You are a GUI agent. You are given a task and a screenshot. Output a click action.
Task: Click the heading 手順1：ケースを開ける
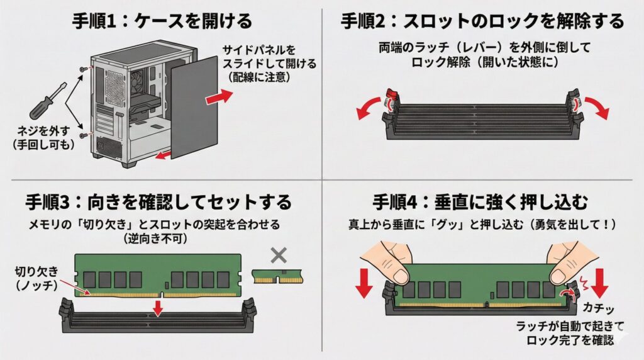point(162,20)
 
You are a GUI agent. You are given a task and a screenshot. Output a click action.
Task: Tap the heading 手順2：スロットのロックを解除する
point(482,20)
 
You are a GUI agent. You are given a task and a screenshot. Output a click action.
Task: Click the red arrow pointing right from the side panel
point(219,96)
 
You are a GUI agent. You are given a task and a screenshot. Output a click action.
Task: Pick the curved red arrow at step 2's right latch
point(597,108)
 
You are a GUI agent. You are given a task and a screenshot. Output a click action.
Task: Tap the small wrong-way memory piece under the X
point(277,275)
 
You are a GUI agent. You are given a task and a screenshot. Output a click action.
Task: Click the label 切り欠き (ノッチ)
point(39,278)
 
